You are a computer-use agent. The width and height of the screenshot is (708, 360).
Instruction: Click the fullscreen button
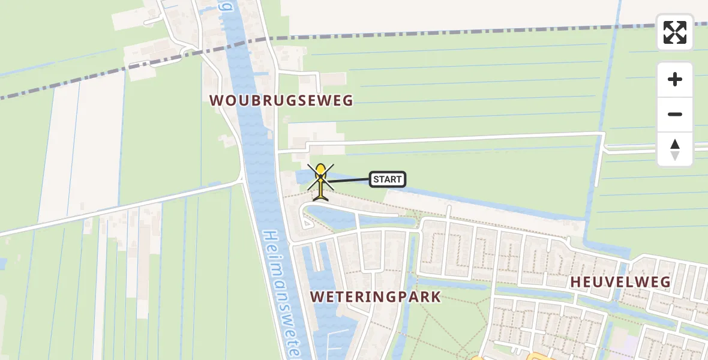tap(675, 32)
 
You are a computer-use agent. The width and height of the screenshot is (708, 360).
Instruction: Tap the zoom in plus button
tap(675, 79)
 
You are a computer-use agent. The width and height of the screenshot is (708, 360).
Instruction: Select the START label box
tap(387, 179)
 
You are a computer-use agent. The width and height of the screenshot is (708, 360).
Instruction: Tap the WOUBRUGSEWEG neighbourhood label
tap(281, 100)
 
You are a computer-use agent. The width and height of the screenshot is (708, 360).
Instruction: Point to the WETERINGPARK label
tap(376, 297)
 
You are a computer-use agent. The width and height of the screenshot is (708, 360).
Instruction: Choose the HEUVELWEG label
tap(620, 282)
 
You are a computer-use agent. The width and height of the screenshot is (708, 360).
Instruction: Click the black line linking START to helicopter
tap(349, 180)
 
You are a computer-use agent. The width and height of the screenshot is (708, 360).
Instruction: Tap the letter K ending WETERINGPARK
tap(436, 297)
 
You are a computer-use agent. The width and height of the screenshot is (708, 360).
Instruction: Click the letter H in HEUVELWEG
tap(575, 282)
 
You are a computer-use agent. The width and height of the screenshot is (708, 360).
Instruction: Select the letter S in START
tap(376, 179)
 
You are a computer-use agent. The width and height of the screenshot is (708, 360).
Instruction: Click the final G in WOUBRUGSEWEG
tap(348, 100)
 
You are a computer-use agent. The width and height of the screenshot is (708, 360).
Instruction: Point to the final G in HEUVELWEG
tap(665, 282)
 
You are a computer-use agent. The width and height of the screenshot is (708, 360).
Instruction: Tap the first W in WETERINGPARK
tap(316, 297)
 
